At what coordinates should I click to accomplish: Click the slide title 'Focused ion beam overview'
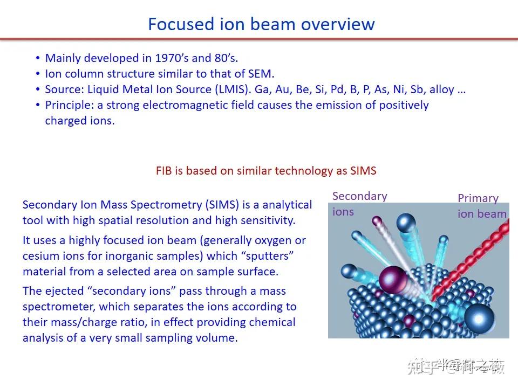[261, 24]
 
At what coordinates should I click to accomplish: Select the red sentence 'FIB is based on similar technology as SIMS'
[266, 171]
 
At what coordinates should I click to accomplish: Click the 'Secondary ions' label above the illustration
[359, 203]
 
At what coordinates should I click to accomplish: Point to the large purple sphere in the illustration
[392, 279]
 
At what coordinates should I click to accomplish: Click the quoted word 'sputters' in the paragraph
[268, 256]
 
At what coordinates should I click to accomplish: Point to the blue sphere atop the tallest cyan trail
[405, 223]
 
